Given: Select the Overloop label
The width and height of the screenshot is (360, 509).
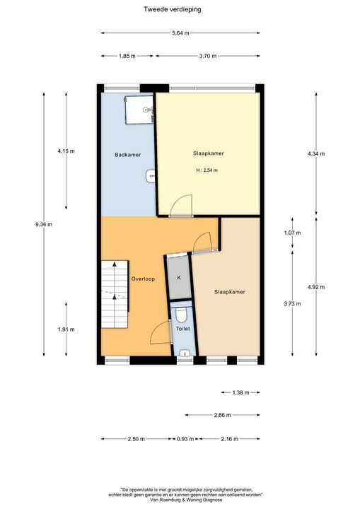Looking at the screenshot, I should click(142, 279).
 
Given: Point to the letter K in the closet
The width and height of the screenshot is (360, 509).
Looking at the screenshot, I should click(179, 277).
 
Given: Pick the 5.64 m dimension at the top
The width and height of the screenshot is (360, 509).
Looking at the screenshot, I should click(180, 33).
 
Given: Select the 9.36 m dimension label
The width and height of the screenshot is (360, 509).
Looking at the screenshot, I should click(44, 224).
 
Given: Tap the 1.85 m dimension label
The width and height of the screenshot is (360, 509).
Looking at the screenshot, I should click(127, 56).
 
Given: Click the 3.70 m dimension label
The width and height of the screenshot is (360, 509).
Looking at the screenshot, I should click(208, 56).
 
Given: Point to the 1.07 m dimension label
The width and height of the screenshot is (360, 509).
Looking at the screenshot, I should click(292, 233).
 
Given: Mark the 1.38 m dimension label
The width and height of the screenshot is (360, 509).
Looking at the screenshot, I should click(241, 392).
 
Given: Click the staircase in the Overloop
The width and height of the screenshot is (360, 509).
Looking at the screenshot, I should click(113, 286).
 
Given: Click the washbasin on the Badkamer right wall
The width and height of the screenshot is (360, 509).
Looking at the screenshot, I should click(151, 175).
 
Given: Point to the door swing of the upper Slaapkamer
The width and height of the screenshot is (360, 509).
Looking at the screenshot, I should click(182, 204).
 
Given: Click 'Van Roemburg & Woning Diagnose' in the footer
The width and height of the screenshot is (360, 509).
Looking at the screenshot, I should click(181, 499).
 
